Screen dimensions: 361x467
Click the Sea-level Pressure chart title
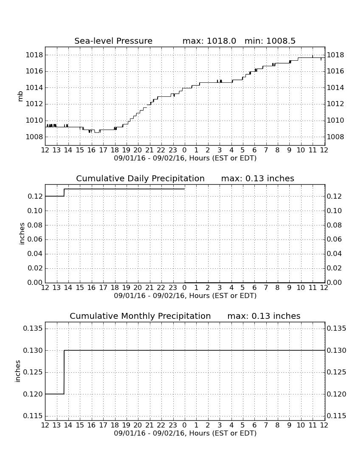[x=113, y=41]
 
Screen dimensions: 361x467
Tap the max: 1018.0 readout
[x=209, y=41]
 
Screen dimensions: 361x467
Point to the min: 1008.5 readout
[x=270, y=41]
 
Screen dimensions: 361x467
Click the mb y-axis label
[x=20, y=96]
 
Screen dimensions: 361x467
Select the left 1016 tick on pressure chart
[x=34, y=71]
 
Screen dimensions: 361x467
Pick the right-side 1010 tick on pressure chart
[x=336, y=120]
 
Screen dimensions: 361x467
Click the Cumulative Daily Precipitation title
[x=140, y=178]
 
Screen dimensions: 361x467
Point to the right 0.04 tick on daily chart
[x=334, y=254]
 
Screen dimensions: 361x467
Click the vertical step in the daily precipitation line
[x=64, y=192]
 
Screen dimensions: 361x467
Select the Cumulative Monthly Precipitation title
[x=140, y=316]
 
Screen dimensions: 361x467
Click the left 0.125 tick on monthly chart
[x=33, y=372]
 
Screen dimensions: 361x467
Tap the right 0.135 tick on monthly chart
[x=336, y=329]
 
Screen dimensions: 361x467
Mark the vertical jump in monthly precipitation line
[x=64, y=372]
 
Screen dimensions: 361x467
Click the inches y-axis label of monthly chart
[x=17, y=371]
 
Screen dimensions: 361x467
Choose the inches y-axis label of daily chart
[x=22, y=234]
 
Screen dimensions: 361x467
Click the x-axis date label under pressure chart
[x=185, y=158]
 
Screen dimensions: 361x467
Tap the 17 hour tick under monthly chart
[x=103, y=425]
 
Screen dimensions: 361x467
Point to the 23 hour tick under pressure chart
[x=173, y=150]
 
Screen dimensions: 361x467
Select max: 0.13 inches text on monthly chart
[x=264, y=316]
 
